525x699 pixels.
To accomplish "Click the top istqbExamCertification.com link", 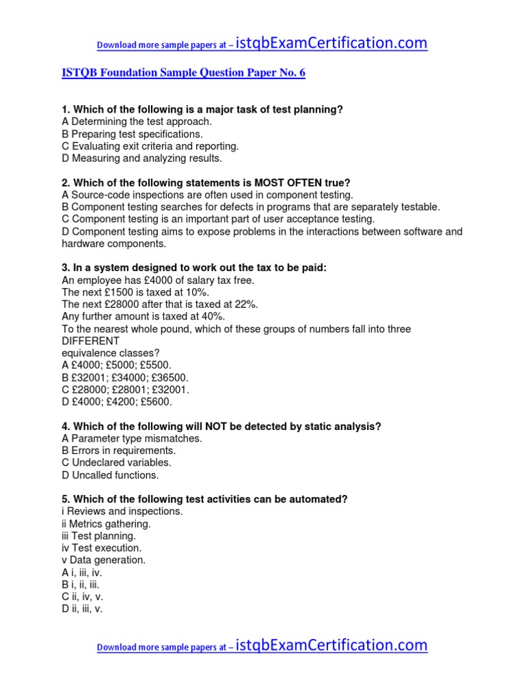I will click(332, 44).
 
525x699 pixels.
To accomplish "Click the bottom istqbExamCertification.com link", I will click(332, 645).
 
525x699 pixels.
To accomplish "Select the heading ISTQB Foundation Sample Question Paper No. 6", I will click(183, 73).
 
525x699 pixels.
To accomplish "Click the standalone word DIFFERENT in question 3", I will click(90, 341).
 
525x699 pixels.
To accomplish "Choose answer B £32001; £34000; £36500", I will click(124, 377).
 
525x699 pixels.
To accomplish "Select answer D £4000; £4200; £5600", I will click(117, 402).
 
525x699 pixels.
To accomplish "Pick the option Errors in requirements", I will click(118, 451).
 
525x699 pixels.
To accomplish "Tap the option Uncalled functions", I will click(110, 475).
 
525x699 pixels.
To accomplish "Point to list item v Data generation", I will click(103, 560).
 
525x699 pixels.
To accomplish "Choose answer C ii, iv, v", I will click(82, 597).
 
